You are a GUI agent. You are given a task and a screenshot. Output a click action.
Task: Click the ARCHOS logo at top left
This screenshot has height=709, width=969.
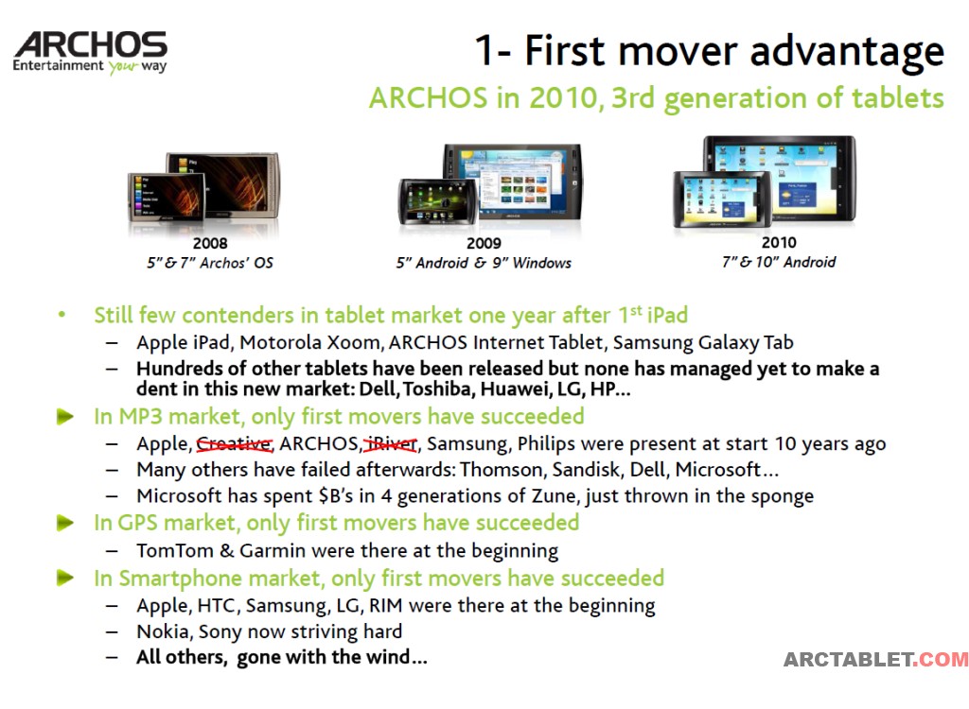point(90,53)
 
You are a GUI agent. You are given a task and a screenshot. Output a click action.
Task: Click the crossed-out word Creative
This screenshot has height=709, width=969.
point(235,444)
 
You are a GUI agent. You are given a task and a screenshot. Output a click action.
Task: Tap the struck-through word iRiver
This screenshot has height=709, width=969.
point(391,444)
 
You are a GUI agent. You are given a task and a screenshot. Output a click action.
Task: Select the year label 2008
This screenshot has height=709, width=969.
point(210,243)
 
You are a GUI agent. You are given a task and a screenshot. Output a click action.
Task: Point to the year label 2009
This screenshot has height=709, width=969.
point(484,243)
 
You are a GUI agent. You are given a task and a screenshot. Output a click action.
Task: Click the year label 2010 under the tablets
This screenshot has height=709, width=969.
point(779,242)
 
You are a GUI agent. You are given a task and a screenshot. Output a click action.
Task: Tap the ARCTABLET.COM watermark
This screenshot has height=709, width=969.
point(875,660)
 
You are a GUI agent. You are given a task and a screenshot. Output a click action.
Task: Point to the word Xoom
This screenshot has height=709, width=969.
point(354,342)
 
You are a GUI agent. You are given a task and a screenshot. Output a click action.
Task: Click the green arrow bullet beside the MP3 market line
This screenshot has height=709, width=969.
point(65,416)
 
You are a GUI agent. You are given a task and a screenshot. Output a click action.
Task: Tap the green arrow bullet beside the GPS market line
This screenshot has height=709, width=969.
point(65,523)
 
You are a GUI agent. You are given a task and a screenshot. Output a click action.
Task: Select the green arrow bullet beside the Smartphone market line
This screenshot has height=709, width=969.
point(65,578)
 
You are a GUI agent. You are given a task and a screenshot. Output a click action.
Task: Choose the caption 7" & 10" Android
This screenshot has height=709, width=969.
point(779,262)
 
